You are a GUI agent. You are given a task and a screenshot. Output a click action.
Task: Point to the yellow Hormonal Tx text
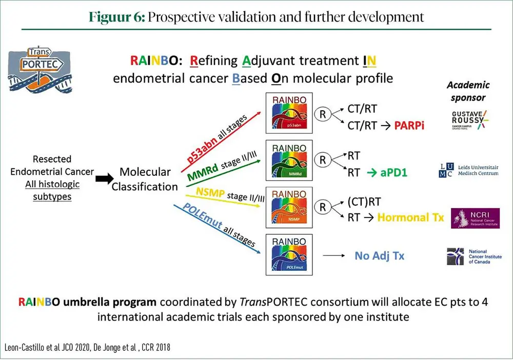coord(410,217)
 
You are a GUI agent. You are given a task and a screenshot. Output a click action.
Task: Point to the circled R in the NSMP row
coord(323,208)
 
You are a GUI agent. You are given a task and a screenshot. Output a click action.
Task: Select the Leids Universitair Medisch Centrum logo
coord(468,170)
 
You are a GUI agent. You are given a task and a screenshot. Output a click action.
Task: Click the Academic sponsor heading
coord(468,91)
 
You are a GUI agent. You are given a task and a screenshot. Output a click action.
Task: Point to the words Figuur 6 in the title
coord(117,16)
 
